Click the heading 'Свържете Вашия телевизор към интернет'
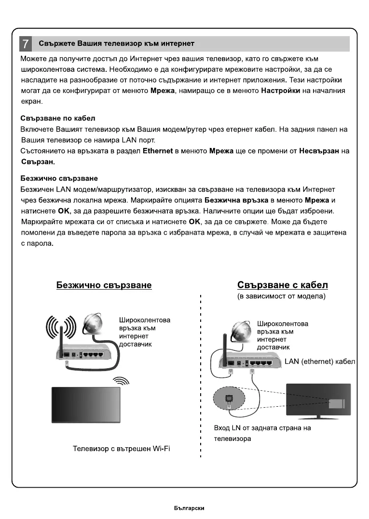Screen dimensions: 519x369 tap(116, 44)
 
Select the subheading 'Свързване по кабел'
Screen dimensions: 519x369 tap(57, 118)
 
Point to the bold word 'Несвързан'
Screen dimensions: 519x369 tap(318, 151)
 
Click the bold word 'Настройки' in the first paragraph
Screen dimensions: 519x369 tap(281, 91)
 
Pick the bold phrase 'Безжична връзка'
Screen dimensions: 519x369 tap(236, 200)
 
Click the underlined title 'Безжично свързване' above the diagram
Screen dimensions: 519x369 tap(104, 285)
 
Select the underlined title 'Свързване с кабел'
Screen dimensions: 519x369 tap(283, 285)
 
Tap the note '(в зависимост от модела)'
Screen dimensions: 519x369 tap(281, 296)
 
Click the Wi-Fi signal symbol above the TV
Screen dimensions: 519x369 tap(121, 381)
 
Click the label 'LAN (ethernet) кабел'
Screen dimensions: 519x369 tap(320, 362)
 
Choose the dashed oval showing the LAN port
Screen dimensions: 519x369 tap(229, 399)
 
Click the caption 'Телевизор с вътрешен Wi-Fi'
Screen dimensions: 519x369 tap(121, 449)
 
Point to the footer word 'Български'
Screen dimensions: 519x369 tap(189, 508)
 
